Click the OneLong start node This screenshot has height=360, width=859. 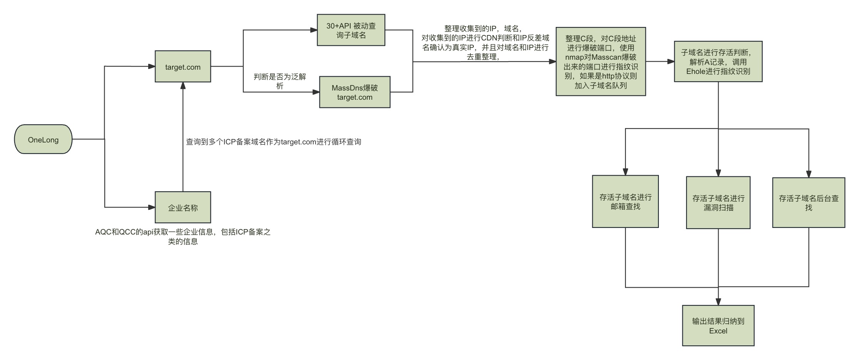[43, 139]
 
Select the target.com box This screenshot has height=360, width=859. [183, 67]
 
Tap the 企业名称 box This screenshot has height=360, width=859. [183, 208]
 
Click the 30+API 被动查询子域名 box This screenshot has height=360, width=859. [351, 30]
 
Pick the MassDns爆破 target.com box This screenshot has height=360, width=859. [354, 92]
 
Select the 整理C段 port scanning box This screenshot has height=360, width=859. [600, 62]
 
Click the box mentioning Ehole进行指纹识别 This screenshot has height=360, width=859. [718, 62]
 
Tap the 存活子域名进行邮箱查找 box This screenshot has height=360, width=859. [625, 202]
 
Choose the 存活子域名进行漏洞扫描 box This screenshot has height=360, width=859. [718, 203]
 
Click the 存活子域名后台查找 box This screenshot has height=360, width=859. [808, 203]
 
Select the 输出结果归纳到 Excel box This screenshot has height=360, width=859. [718, 326]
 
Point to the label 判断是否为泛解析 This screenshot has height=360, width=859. [280, 81]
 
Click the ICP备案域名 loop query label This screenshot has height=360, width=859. [273, 142]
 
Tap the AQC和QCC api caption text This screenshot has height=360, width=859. [183, 236]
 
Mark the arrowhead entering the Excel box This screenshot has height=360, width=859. [718, 302]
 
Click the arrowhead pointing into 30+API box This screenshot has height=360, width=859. [314, 30]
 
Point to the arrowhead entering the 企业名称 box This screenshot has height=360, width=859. [152, 208]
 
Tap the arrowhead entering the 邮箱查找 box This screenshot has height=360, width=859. [625, 172]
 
